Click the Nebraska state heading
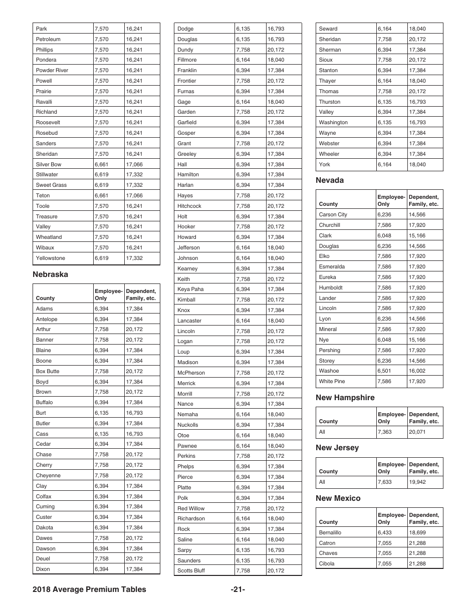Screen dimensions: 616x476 pos(50,274)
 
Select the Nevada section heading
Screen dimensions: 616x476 pos(330,180)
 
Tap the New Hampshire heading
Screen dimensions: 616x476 pos(345,398)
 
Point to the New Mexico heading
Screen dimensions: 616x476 pos(338,498)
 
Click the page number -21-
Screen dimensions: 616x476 pos(237,589)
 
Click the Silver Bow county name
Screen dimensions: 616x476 pos(49,164)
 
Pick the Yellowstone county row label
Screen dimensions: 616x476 pos(50,258)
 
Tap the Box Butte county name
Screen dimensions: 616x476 pos(47,371)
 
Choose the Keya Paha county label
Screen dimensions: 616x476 pos(190,289)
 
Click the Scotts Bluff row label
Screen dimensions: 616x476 pos(191,570)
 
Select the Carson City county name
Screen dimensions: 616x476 pos(333,214)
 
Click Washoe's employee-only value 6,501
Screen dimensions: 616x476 pos(385,371)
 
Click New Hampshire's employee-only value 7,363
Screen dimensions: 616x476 pos(385,432)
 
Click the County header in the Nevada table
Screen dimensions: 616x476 pos(328,204)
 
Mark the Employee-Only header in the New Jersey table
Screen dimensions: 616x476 pos(391,468)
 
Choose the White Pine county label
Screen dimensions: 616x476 pos(332,381)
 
